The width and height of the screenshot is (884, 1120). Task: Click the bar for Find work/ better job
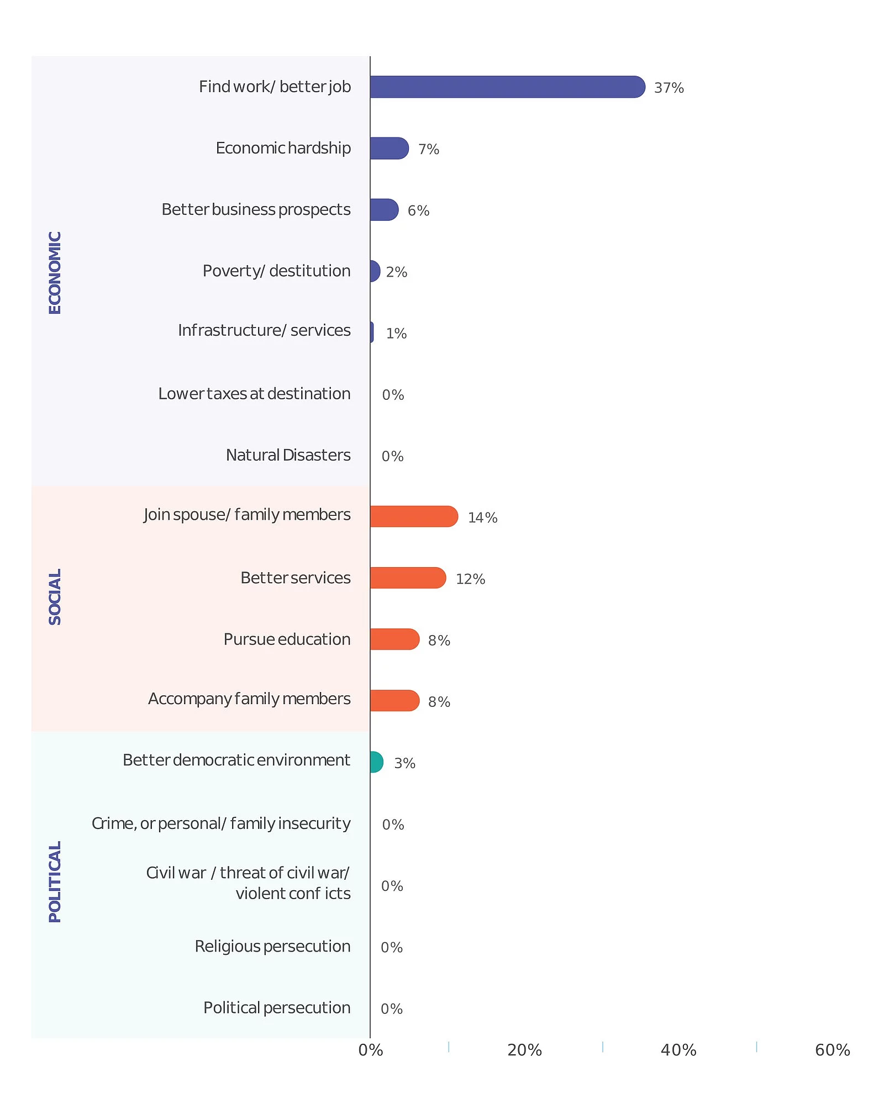[507, 87]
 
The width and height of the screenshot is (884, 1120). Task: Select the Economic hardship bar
[389, 149]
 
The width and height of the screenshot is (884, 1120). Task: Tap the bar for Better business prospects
[384, 210]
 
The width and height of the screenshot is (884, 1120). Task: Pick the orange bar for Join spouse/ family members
[414, 516]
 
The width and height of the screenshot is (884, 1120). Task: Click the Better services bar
[408, 578]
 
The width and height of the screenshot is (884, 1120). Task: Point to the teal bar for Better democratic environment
[376, 762]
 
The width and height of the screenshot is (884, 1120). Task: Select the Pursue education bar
[394, 639]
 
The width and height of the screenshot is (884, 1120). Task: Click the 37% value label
[669, 88]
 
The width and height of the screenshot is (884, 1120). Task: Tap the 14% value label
[482, 517]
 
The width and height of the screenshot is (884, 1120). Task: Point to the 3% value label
[404, 763]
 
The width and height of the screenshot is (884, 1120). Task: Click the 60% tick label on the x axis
[832, 1050]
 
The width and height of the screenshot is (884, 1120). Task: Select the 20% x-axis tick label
[524, 1050]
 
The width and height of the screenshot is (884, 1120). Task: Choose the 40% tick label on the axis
[678, 1050]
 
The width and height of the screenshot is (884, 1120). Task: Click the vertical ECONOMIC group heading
[55, 273]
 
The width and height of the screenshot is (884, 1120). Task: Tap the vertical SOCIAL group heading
[55, 597]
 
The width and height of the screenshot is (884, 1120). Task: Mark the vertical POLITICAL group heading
[55, 882]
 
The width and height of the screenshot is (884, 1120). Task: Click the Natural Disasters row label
[288, 455]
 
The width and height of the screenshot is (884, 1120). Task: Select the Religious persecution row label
[272, 947]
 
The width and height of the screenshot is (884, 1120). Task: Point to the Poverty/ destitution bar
[375, 271]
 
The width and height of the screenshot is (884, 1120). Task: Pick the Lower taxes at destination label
[254, 394]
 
